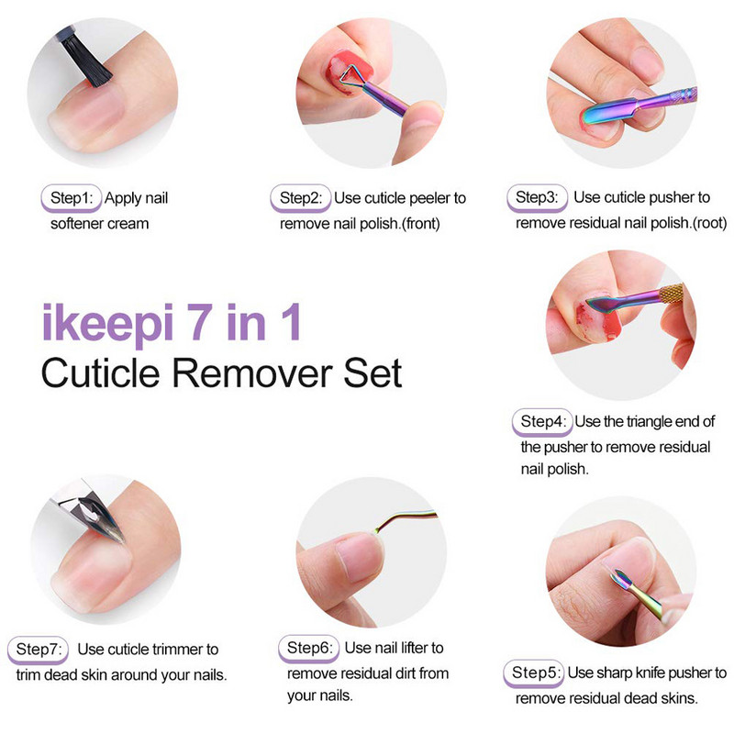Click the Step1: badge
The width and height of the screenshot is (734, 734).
72,198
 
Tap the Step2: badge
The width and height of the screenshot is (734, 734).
301,198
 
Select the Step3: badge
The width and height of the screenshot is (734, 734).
537,198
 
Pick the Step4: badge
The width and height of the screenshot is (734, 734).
542,422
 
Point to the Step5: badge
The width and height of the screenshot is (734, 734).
534,673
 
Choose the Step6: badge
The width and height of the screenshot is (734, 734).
308,649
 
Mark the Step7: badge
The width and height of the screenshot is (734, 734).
38,650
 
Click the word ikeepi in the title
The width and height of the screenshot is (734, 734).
107,324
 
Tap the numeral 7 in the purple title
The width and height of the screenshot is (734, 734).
200,322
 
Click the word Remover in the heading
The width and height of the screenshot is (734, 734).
253,373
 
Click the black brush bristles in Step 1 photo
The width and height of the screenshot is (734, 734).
87,60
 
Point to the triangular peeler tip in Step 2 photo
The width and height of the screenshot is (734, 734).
351,76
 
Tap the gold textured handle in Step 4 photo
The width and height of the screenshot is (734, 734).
672,294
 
